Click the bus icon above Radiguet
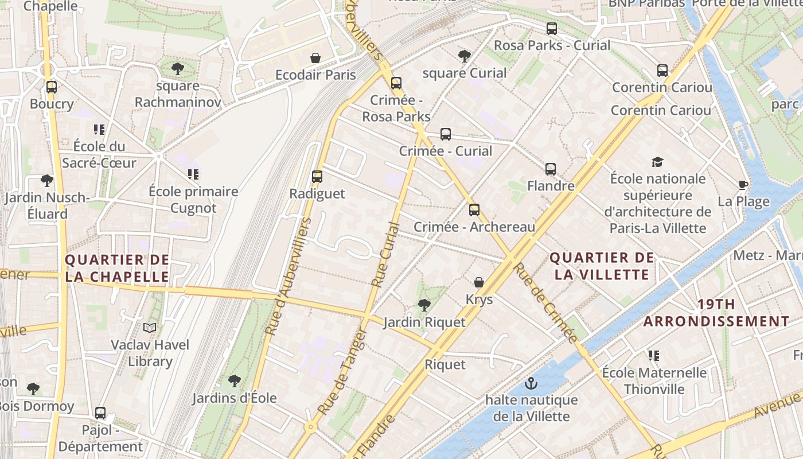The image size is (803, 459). point(317,177)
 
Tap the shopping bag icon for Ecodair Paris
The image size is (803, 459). point(315,58)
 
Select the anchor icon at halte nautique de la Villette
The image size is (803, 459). point(531,383)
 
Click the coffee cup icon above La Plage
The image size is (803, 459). point(743,185)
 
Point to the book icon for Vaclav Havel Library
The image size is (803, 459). point(150,328)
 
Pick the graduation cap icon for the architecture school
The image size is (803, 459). point(657,162)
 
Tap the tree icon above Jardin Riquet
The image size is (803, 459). point(424,305)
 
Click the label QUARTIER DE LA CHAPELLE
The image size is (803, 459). point(117,268)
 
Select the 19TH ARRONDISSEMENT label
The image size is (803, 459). point(716,313)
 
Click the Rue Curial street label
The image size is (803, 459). point(385,255)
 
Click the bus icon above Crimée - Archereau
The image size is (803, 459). point(474,210)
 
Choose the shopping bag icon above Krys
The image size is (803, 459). point(479,282)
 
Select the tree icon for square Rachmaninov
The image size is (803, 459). point(178,69)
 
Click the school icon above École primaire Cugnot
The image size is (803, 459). point(193,174)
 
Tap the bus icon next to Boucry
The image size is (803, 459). point(52,87)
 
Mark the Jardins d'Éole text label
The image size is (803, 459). point(234,398)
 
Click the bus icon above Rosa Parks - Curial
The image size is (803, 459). point(552,28)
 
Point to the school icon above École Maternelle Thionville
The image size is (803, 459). point(653,356)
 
